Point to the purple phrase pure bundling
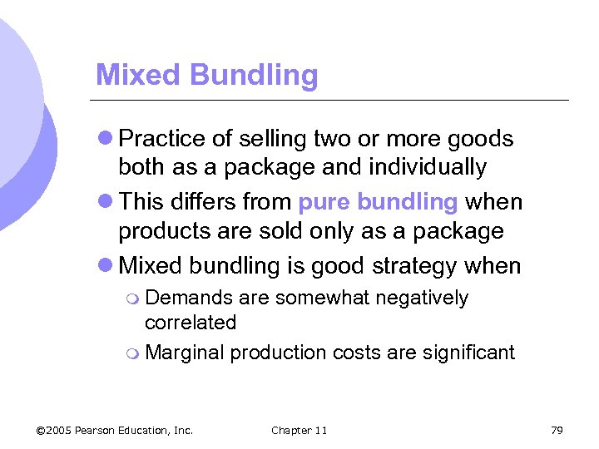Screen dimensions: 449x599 378,203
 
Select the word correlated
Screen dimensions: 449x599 191,323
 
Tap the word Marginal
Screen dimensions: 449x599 185,353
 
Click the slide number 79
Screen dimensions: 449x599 557,430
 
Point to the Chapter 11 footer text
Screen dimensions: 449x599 299,430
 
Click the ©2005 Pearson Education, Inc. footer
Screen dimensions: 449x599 115,430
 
